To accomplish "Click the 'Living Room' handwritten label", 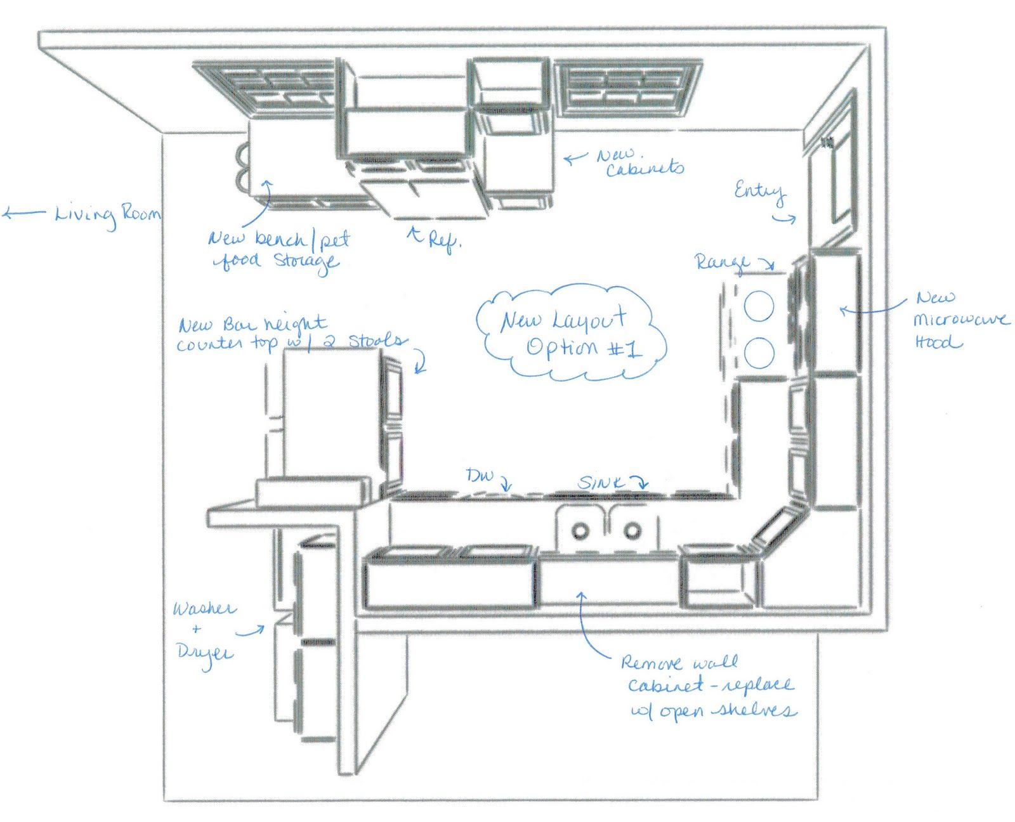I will (108, 214).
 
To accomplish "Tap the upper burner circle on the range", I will (759, 308).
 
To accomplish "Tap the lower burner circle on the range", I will (759, 353).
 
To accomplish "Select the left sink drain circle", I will (580, 530).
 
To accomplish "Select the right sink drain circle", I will (631, 529).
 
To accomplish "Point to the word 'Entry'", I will (759, 190).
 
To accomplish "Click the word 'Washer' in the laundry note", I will (204, 609).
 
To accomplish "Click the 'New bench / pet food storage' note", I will (279, 249).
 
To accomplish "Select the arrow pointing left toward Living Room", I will (24, 214).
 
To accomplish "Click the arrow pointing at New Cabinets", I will (576, 158).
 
